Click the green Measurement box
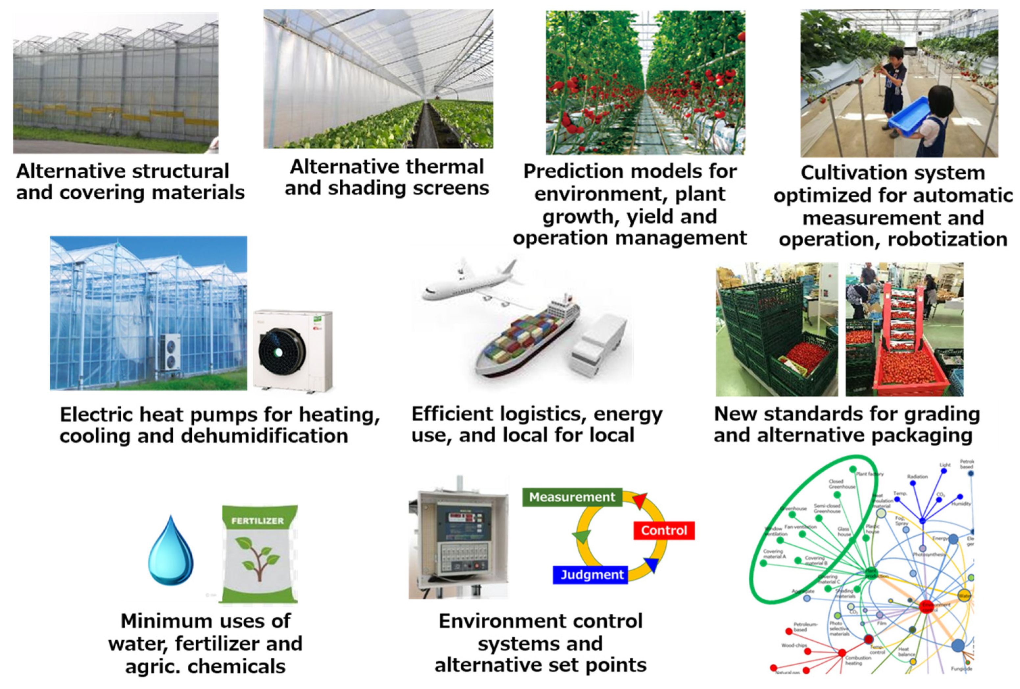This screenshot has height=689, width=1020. (x=572, y=497)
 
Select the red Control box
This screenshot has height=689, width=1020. (x=664, y=530)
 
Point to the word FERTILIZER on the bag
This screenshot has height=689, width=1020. (x=258, y=521)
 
